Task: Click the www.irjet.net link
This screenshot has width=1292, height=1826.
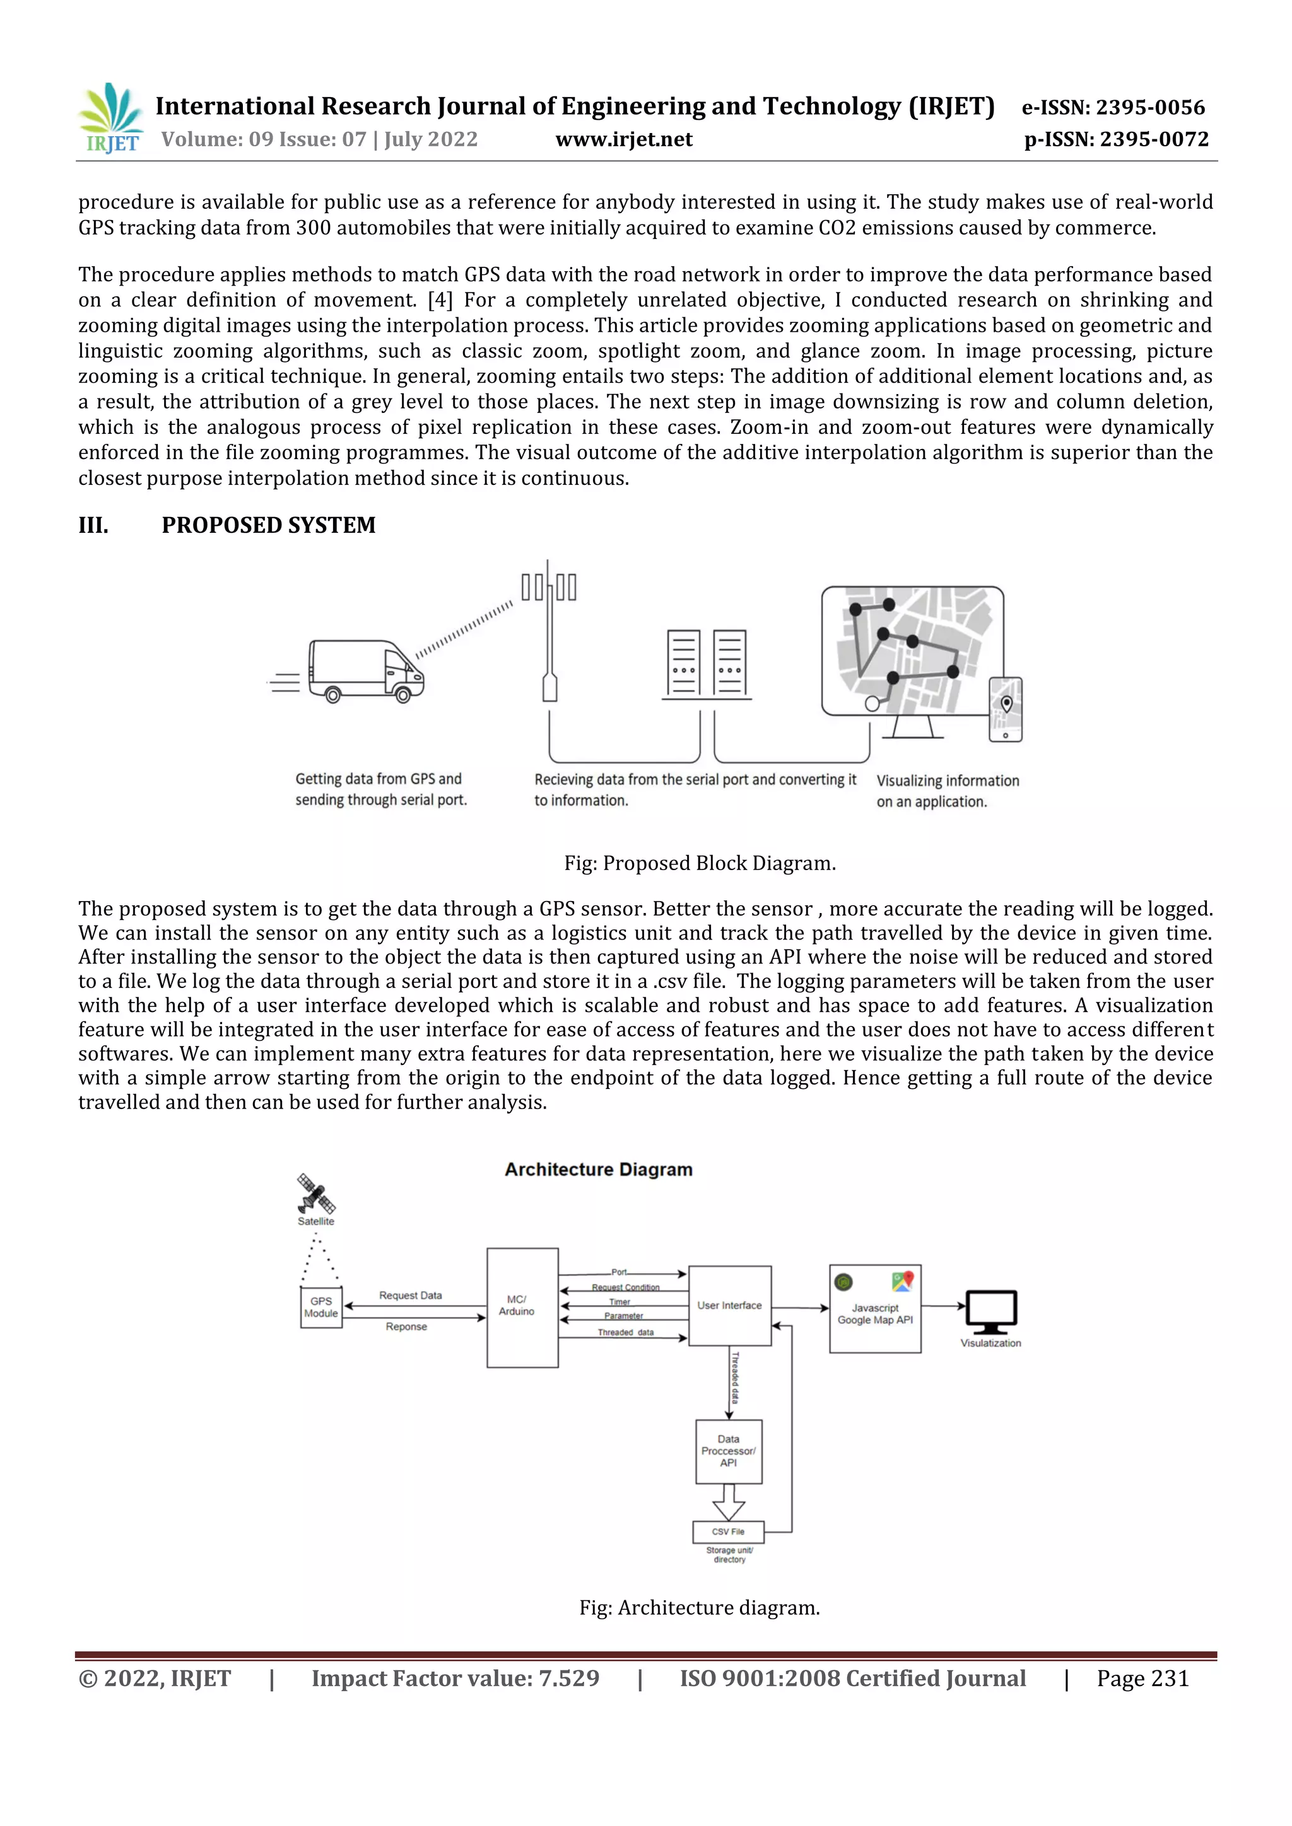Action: tap(624, 139)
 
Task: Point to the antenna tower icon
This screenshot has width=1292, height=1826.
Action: tap(549, 628)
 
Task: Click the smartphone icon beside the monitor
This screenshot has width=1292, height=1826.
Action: tap(1005, 709)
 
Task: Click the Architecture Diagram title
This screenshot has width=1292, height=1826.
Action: tap(598, 1169)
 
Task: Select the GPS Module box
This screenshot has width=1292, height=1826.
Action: tap(320, 1308)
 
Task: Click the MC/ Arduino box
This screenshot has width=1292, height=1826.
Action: tap(522, 1308)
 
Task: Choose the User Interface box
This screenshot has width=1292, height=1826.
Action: tap(729, 1306)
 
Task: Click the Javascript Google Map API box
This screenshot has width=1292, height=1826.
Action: tap(875, 1309)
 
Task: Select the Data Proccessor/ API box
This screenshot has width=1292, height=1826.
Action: tap(728, 1451)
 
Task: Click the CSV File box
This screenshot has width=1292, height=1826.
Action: tap(728, 1531)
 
